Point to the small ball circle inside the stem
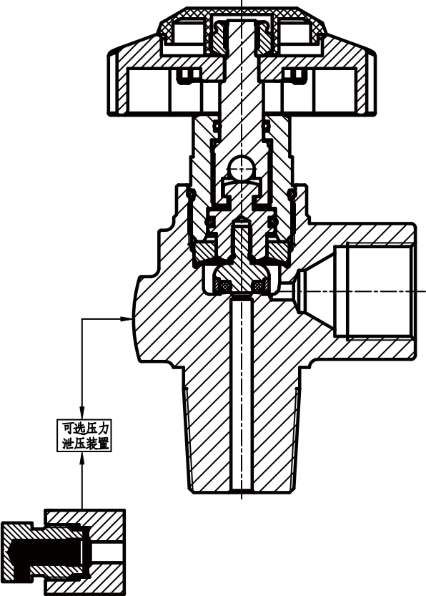click(241, 170)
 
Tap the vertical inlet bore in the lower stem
click(242, 394)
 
